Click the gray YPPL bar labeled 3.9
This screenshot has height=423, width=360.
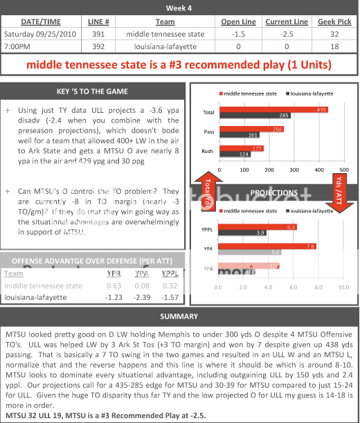(x=242, y=233)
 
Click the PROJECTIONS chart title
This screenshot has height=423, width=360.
(x=273, y=192)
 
